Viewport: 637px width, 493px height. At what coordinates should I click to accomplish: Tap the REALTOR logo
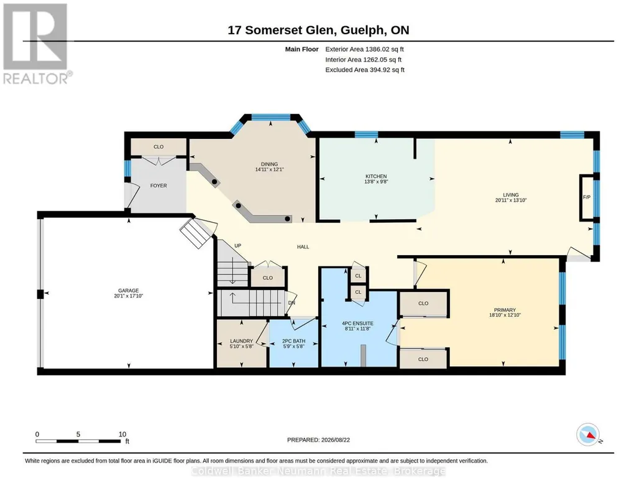tap(37, 44)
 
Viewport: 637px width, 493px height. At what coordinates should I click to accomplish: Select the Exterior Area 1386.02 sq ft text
tap(364, 49)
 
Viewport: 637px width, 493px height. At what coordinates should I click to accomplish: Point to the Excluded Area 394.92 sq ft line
tap(365, 70)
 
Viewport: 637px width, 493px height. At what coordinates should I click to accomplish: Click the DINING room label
tap(269, 164)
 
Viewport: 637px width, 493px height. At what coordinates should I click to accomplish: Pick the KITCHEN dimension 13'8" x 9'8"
tap(376, 182)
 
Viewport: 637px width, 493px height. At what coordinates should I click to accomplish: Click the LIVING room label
tap(511, 195)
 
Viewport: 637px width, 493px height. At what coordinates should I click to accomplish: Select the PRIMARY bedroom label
tap(505, 310)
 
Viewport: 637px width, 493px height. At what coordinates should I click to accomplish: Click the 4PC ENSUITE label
tap(357, 324)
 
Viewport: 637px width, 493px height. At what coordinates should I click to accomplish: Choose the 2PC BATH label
tap(294, 341)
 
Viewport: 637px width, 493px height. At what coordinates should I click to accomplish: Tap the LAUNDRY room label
tap(241, 341)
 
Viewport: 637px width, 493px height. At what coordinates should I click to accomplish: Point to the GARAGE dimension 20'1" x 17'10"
tap(129, 296)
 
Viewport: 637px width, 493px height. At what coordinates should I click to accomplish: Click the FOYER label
tap(158, 185)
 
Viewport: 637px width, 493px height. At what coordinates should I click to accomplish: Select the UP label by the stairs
tap(237, 246)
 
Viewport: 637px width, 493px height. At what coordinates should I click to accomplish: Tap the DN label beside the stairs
tap(291, 303)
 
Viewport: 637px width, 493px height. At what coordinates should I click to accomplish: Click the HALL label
tap(303, 247)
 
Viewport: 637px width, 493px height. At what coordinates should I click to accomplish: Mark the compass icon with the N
tap(589, 435)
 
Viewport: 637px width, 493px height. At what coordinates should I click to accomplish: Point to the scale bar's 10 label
tap(122, 434)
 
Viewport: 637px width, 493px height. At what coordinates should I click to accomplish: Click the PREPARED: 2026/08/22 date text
tap(318, 439)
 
